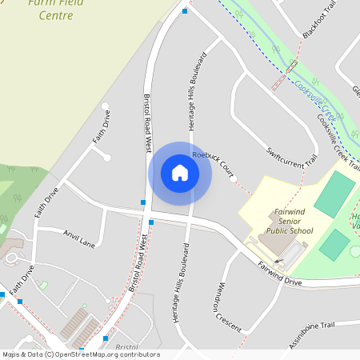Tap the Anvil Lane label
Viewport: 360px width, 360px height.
click(78, 238)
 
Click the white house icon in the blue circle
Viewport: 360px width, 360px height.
click(180, 173)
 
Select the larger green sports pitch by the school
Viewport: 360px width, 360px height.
click(334, 194)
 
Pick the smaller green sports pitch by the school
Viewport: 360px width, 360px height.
click(334, 244)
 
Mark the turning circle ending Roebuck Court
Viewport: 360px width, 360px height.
click(233, 179)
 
